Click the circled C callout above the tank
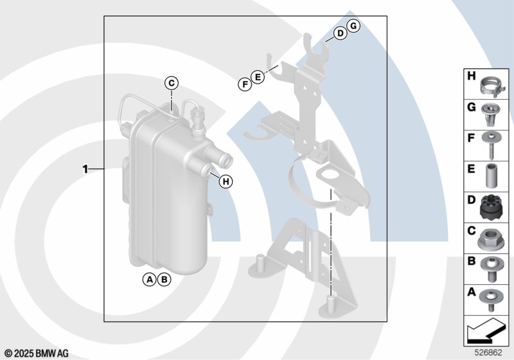click(172, 84)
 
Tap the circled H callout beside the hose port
click(226, 181)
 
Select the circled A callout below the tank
click(150, 280)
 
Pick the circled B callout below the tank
click(164, 280)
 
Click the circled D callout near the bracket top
click(341, 33)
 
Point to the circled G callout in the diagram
click(353, 26)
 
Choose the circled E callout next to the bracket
click(258, 77)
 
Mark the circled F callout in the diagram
click(245, 85)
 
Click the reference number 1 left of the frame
click(85, 169)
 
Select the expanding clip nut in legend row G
click(489, 114)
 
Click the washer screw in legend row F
click(492, 144)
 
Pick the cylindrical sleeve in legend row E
click(491, 175)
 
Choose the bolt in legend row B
click(491, 269)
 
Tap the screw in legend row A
click(490, 300)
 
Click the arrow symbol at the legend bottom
click(485, 331)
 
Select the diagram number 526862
click(488, 352)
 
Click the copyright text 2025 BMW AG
click(37, 354)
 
